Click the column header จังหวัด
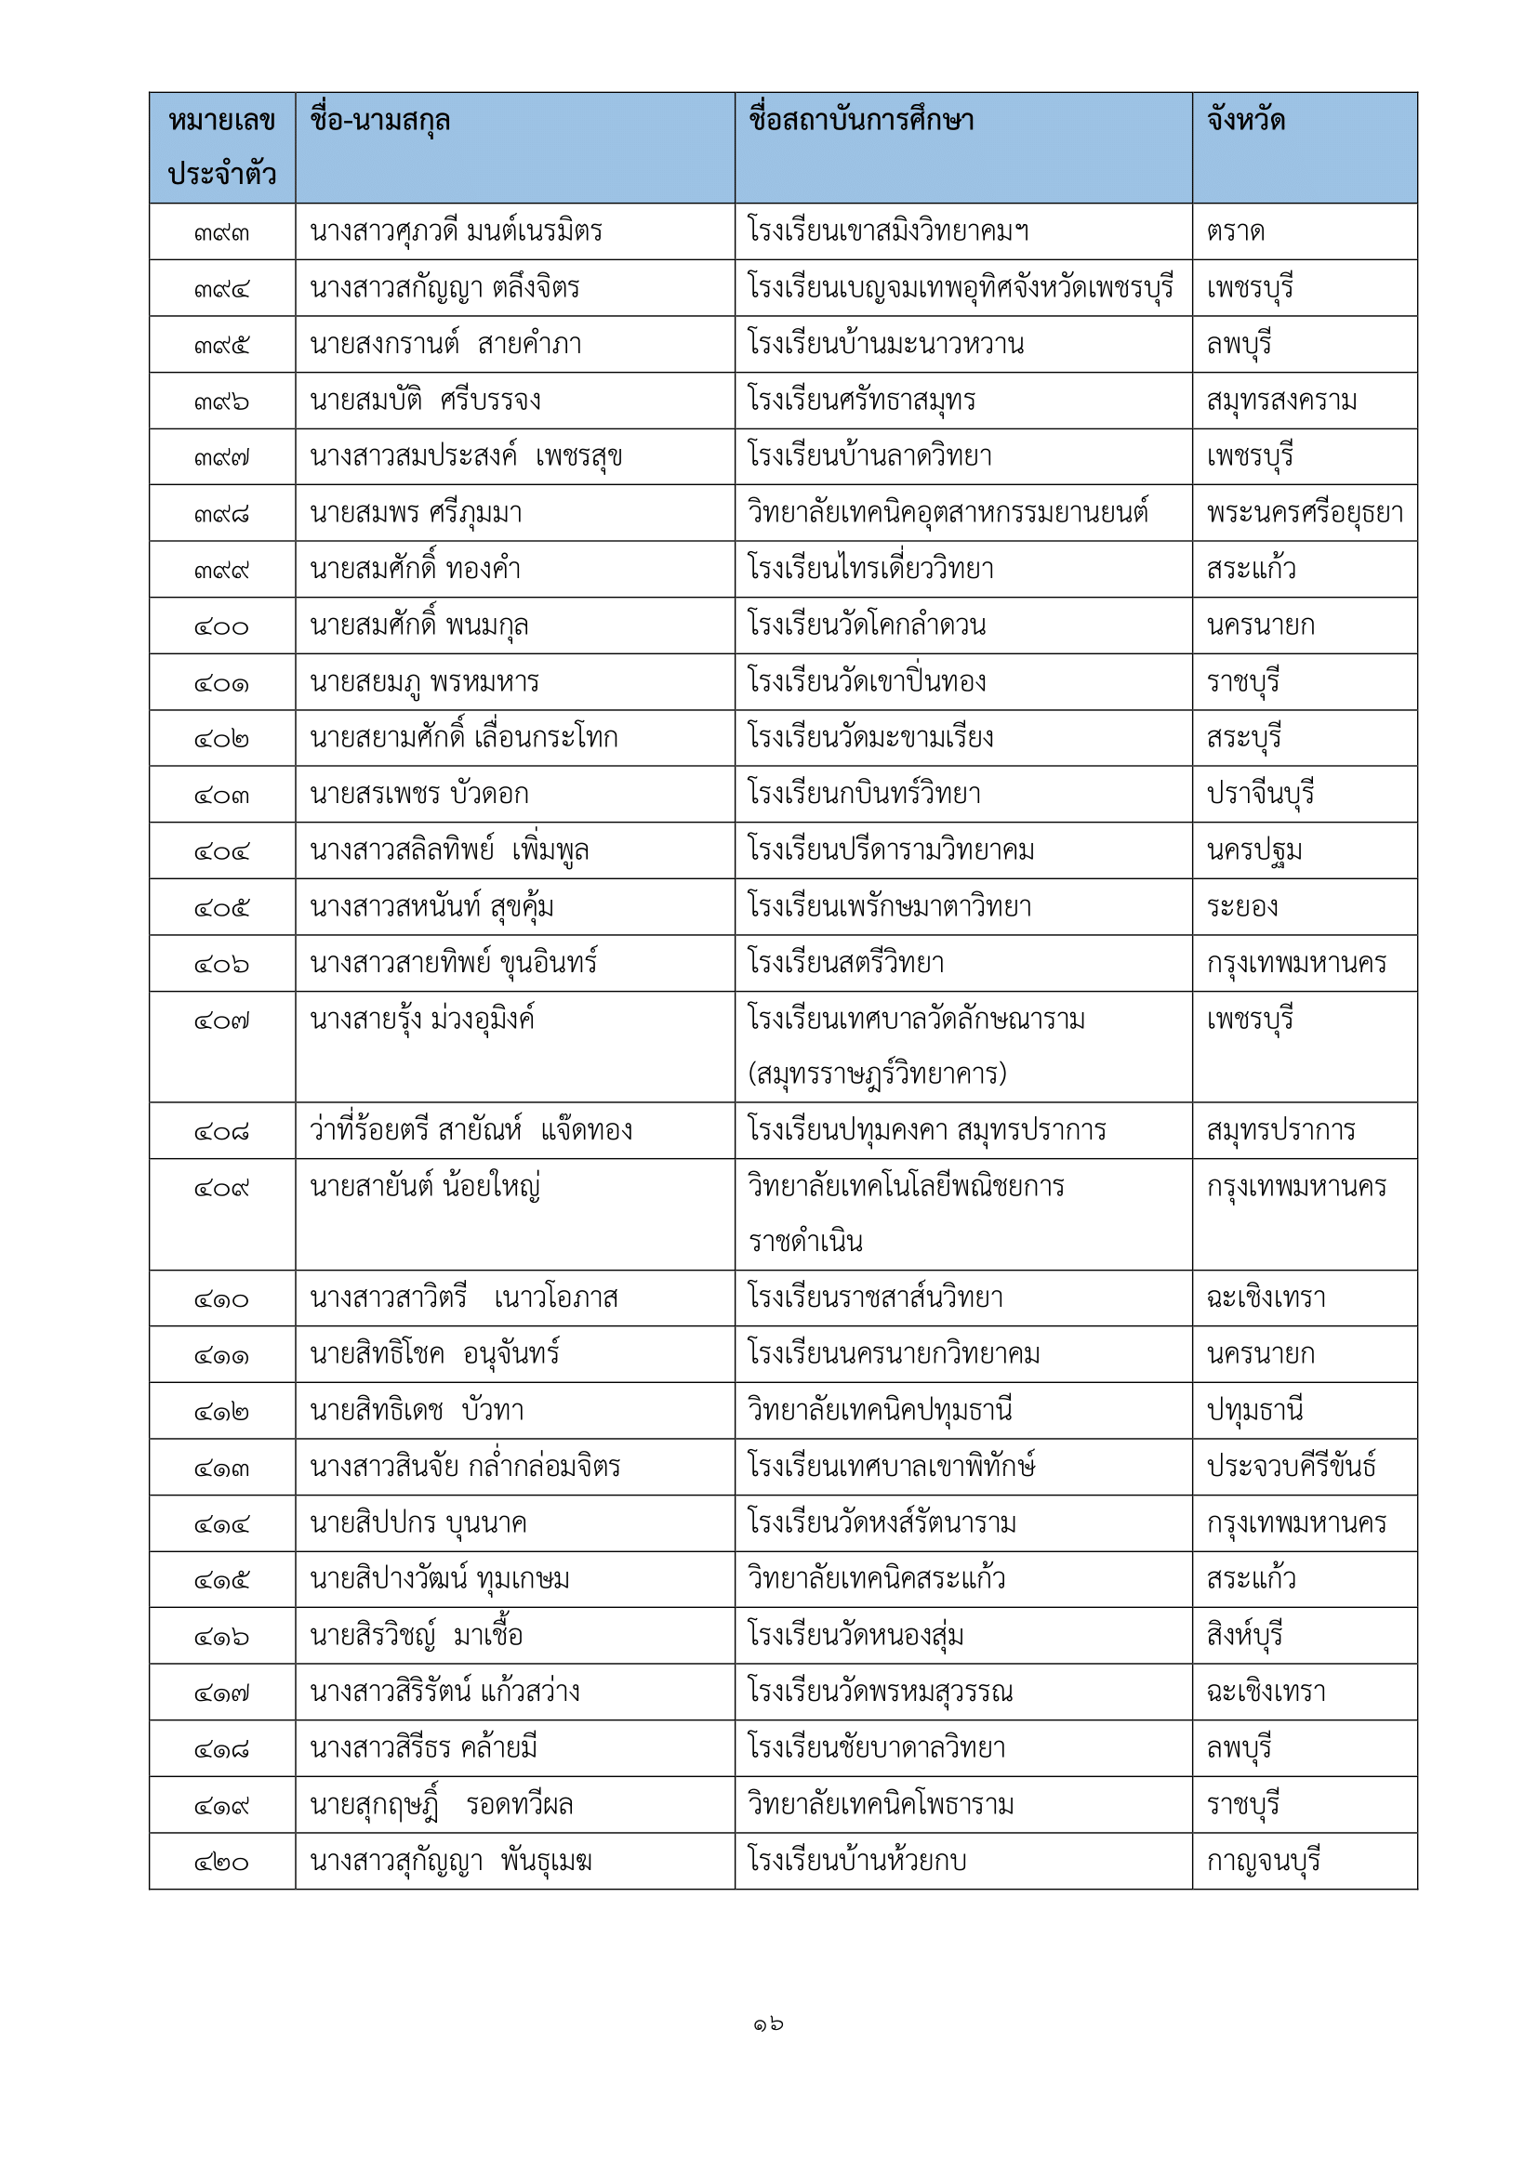point(1245,120)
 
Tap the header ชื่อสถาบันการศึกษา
point(860,120)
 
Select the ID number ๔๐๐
point(221,626)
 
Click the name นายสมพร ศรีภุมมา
point(416,513)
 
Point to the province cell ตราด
point(1236,232)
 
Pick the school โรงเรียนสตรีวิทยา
point(845,964)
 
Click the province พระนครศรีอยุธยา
point(1304,513)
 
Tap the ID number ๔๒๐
point(221,1863)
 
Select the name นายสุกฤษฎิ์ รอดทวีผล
point(442,1806)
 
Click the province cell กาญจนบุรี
point(1263,1862)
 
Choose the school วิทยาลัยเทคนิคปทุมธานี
point(880,1411)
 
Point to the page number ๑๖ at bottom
point(768,2024)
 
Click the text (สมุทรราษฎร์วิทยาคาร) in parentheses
point(877,1074)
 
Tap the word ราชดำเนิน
point(805,1242)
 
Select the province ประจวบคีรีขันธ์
point(1291,1467)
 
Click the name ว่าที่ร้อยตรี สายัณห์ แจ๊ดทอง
point(471,1130)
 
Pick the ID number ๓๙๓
point(221,233)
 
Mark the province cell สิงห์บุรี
point(1243,1635)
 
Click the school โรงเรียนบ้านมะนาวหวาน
point(885,344)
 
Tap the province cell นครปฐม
point(1253,850)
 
